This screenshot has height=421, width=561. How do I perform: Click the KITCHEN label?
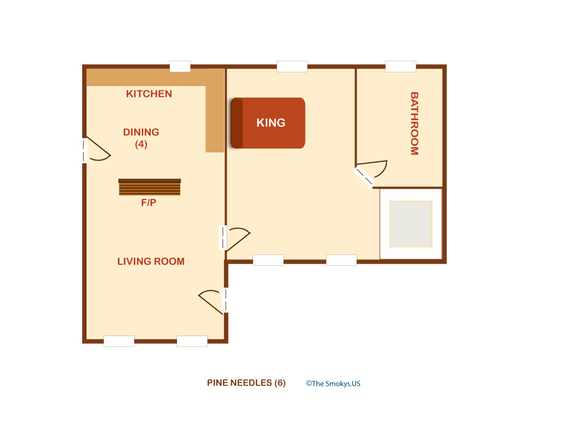pos(149,94)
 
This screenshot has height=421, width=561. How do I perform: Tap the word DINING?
pos(141,132)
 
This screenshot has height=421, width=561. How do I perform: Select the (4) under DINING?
pos(141,144)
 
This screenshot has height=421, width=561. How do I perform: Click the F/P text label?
pos(148,203)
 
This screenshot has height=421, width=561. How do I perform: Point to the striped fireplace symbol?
pos(150,187)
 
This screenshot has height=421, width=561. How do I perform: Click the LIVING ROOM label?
pos(151,261)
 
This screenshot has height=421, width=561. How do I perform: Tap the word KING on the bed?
pos(271,123)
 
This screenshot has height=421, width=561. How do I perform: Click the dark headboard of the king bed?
pos(237,123)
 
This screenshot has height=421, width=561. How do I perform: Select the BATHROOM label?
pos(414,123)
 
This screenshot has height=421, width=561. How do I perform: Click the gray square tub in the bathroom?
pos(411,224)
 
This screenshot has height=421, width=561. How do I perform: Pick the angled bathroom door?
pos(370,173)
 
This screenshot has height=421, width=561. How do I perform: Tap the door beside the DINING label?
pos(96,150)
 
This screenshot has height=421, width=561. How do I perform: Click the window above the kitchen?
pos(180,66)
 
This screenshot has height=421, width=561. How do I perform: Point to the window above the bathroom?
pos(400,66)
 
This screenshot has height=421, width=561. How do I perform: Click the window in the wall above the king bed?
pos(293,66)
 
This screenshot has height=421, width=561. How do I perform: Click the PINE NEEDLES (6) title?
pos(246,383)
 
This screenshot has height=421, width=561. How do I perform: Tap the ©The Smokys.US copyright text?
pos(333,384)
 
